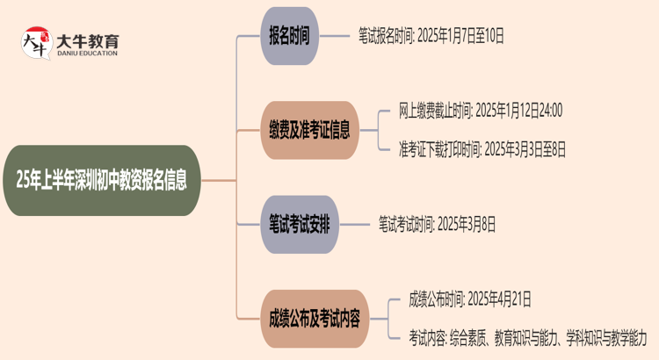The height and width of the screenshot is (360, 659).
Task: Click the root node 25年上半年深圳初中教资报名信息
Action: pyautogui.click(x=107, y=181)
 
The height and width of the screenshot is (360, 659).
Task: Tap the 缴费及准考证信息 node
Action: pyautogui.click(x=308, y=131)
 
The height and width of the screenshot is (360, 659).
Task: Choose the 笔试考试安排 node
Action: pyautogui.click(x=299, y=224)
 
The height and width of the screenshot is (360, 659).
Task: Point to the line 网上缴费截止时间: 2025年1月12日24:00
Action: pyautogui.click(x=480, y=111)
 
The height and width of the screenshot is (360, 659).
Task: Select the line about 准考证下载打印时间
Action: pyautogui.click(x=482, y=149)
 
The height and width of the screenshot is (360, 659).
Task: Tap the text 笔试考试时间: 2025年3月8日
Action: pyautogui.click(x=437, y=224)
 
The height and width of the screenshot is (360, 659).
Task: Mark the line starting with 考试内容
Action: pyautogui.click(x=527, y=336)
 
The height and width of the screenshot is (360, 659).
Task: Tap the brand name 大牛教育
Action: pyautogui.click(x=87, y=40)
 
